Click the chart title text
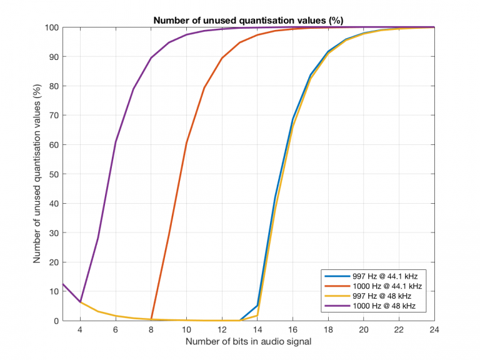point(248,20)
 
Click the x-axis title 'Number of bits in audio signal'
point(248,342)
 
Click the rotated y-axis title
point(37,174)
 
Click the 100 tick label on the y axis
point(51,27)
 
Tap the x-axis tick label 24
point(434,330)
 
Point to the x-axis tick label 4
point(80,330)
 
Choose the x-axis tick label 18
point(328,330)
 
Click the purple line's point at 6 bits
point(116,142)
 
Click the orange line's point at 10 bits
point(186,142)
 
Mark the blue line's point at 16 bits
point(292,119)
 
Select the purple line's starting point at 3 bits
point(62,284)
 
